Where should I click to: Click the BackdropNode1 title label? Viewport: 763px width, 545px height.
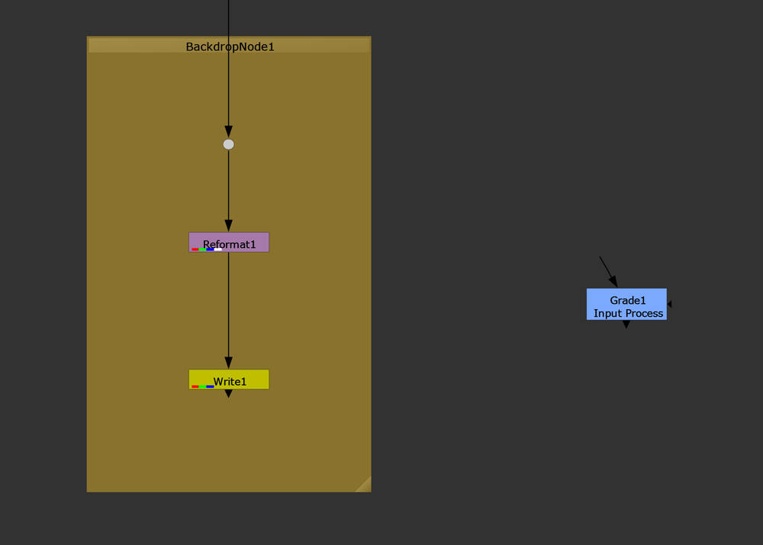pyautogui.click(x=230, y=47)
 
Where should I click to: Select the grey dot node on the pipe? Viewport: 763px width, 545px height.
pyautogui.click(x=228, y=144)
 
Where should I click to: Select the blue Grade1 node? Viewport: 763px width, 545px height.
pyautogui.click(x=626, y=304)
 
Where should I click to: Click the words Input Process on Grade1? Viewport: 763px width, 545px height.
pyautogui.click(x=628, y=314)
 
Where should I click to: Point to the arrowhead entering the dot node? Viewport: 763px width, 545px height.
pyautogui.click(x=228, y=132)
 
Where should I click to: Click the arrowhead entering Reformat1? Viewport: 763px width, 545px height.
pyautogui.click(x=228, y=226)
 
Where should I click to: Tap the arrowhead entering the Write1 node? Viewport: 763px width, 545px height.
pyautogui.click(x=228, y=363)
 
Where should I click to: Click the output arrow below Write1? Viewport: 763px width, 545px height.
pyautogui.click(x=228, y=394)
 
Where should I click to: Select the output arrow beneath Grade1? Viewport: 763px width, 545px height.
pyautogui.click(x=626, y=324)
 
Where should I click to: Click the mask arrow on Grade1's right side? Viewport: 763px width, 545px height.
pyautogui.click(x=669, y=304)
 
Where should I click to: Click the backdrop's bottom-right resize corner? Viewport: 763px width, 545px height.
pyautogui.click(x=364, y=485)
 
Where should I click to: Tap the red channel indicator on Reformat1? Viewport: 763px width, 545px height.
pyautogui.click(x=195, y=250)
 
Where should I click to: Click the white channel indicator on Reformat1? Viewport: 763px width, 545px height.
pyautogui.click(x=218, y=250)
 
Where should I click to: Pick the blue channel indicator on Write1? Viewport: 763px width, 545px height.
pyautogui.click(x=210, y=386)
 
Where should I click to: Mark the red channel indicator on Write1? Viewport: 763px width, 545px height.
pyautogui.click(x=195, y=386)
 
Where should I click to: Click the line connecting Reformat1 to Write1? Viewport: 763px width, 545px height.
pyautogui.click(x=228, y=305)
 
